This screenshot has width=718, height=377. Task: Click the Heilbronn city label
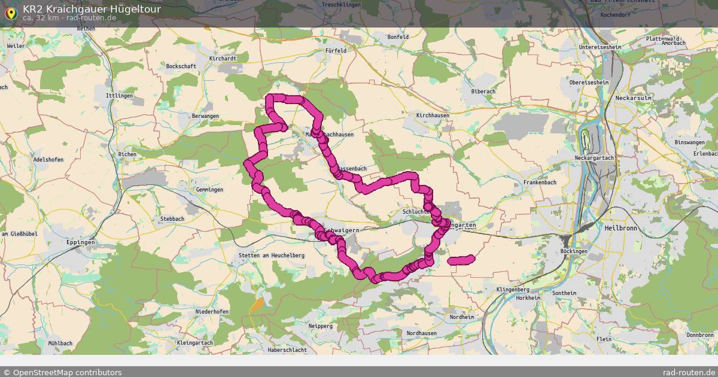[x=622, y=228]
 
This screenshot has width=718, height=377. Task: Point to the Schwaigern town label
[x=342, y=230]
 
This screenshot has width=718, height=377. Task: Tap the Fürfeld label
[x=336, y=51]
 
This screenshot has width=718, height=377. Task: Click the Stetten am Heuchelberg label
[x=272, y=256]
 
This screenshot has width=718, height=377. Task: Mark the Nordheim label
[x=461, y=317]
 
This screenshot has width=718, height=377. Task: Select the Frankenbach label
[x=540, y=182]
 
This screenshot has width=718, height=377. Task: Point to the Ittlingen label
[x=118, y=96]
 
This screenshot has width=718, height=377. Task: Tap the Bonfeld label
[x=398, y=37]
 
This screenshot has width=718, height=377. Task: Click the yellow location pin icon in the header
[x=10, y=13]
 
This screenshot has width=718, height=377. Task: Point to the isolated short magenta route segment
[x=461, y=260]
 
